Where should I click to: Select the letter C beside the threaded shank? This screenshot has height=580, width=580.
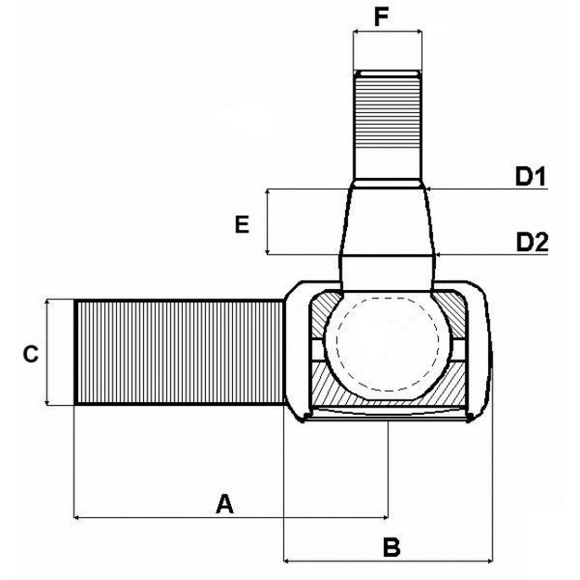pos(31,354)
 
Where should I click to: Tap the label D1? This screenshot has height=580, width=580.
pos(531,177)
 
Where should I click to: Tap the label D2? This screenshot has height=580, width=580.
pos(532,242)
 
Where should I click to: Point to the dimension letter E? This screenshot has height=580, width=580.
pos(243,225)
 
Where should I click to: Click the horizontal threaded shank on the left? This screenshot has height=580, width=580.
pos(179,353)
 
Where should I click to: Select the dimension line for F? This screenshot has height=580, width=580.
pos(388,32)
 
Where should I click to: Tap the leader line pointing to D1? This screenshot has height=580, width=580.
pos(483,188)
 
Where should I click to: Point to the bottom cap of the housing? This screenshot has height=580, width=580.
pos(387,415)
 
